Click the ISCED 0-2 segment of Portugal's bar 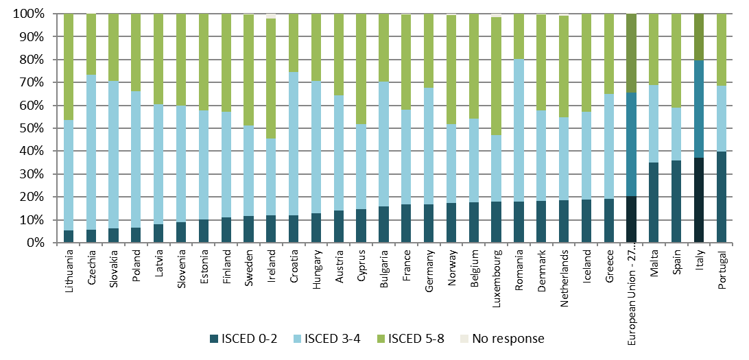[x=721, y=197]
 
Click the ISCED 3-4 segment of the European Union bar [x=632, y=145]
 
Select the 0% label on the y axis [x=36, y=243]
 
